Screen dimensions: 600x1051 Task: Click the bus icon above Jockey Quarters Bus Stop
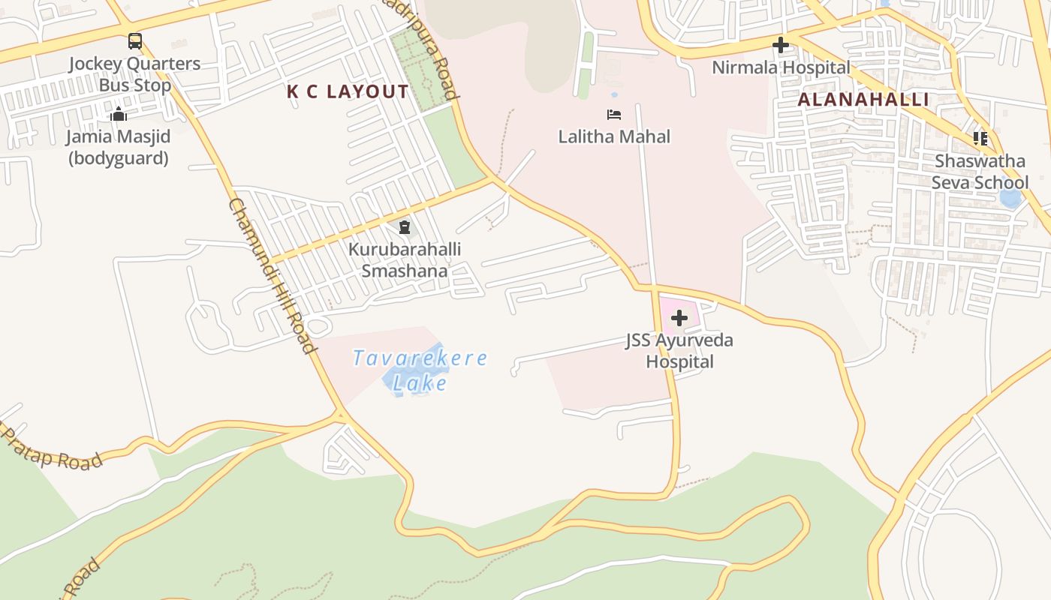[135, 41]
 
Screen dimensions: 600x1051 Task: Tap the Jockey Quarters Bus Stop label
[135, 74]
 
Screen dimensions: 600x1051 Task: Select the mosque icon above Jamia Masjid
[119, 115]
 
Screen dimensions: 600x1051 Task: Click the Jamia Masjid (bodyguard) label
[119, 148]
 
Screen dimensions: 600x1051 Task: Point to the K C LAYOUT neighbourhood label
[348, 92]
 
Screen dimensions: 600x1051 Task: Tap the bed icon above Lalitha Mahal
[614, 115]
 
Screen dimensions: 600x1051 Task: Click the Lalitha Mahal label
[614, 136]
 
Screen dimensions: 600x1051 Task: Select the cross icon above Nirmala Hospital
[781, 46]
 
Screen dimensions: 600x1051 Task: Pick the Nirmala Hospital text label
[781, 67]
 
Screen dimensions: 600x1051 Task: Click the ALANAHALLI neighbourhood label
[863, 99]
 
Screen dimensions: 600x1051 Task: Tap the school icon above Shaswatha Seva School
[980, 139]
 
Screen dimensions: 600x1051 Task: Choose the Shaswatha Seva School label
[980, 172]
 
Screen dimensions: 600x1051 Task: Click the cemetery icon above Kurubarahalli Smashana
[405, 226]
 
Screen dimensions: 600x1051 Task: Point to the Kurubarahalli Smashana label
[405, 259]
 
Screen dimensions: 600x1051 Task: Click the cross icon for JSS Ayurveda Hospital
[679, 318]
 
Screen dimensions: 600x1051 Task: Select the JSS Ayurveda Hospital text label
[679, 351]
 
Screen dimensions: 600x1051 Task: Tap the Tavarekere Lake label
[420, 370]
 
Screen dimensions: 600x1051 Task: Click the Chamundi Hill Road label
[271, 275]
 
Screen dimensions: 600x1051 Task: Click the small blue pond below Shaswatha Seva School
[1010, 199]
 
